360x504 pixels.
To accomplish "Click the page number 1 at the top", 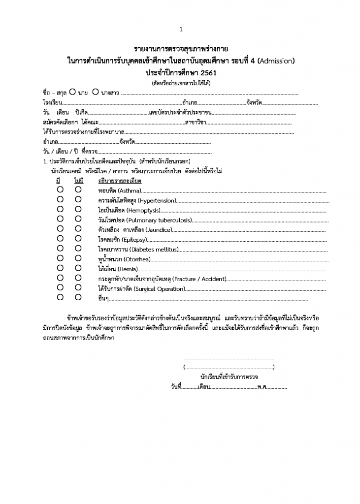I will click(x=181, y=30).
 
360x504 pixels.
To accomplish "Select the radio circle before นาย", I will click(x=72, y=92).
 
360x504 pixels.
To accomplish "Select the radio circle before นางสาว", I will click(x=96, y=92).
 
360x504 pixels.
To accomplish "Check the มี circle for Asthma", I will click(x=60, y=190).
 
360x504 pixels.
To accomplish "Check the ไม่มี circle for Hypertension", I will click(x=78, y=200).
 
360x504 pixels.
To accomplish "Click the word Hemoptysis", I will click(x=143, y=210).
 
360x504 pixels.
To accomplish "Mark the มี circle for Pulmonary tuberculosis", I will click(x=60, y=219).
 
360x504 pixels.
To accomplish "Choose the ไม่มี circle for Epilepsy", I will click(x=78, y=239).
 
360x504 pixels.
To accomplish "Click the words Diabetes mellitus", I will click(x=152, y=249).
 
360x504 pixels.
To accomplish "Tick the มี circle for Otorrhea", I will click(x=60, y=258).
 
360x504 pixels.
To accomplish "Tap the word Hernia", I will click(x=131, y=269).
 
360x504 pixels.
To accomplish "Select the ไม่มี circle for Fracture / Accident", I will click(x=78, y=278).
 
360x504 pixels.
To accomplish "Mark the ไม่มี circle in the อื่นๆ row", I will click(x=78, y=297).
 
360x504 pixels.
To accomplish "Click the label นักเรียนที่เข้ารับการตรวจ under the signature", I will click(x=229, y=377).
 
